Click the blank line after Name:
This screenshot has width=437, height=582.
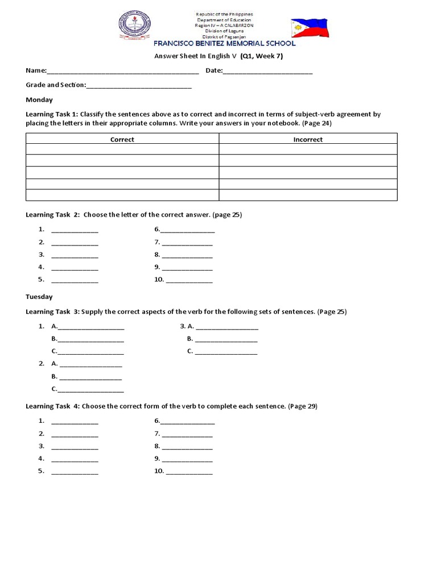tap(122, 72)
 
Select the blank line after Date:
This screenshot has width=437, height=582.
tap(267, 72)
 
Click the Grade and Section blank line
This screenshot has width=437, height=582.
tap(139, 86)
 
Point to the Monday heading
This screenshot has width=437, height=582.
tap(39, 99)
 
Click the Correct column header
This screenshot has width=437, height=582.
tap(122, 139)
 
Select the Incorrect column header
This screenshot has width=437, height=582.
tap(308, 139)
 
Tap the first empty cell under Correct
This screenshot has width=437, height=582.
tap(122, 149)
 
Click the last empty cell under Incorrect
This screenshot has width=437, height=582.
tap(308, 195)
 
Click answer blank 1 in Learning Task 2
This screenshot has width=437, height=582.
tap(75, 231)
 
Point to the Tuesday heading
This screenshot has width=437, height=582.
tap(39, 297)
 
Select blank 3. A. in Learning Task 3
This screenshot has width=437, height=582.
tap(228, 327)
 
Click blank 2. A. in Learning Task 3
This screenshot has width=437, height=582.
tap(90, 364)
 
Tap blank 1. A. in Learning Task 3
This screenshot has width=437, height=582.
tap(90, 327)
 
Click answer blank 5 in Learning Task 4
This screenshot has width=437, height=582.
tap(75, 472)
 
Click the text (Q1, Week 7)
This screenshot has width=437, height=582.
tap(262, 56)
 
